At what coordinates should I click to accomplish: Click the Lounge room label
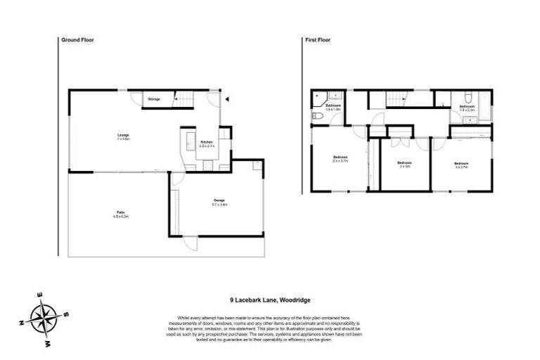(122, 136)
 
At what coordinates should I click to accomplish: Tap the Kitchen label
(206, 143)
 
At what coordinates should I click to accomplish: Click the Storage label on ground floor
(154, 99)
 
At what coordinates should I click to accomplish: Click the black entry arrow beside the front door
(226, 99)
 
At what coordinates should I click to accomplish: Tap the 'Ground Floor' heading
(78, 41)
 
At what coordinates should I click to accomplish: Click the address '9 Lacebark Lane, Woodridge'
(269, 299)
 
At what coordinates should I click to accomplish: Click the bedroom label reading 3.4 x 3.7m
(340, 160)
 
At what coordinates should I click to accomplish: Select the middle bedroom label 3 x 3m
(404, 165)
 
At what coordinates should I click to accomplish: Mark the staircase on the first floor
(397, 101)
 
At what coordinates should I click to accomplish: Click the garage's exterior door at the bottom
(188, 243)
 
